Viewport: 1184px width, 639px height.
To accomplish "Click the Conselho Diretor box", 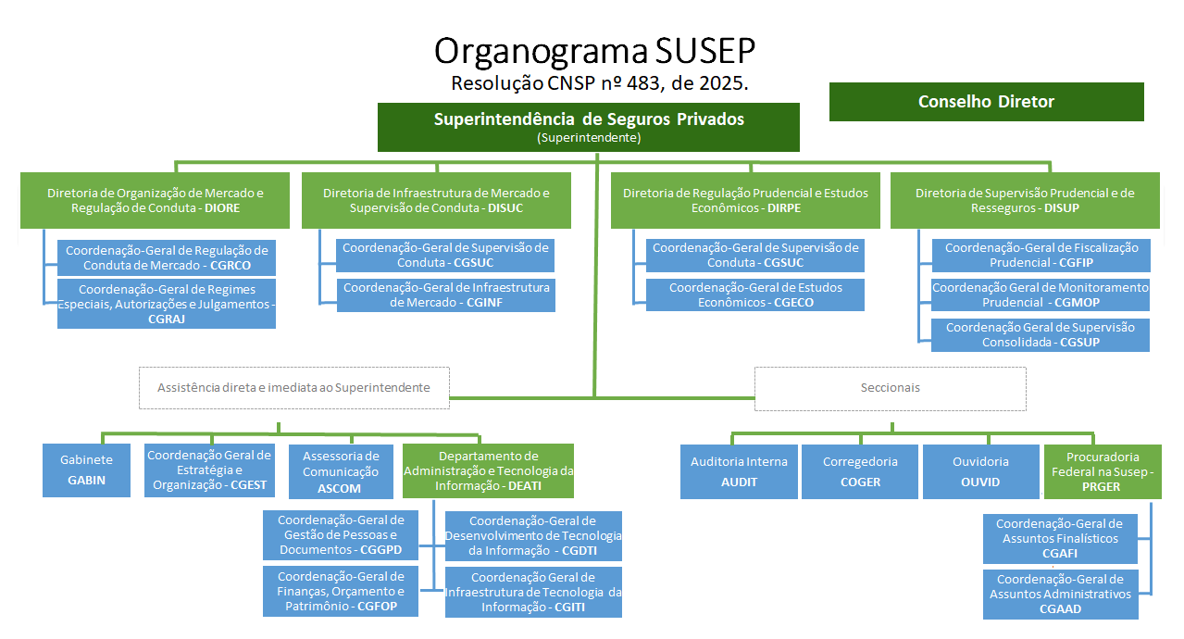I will pos(986,102).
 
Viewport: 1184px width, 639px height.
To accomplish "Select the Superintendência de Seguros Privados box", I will pos(589,127).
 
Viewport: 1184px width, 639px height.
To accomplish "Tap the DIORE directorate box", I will pos(155,200).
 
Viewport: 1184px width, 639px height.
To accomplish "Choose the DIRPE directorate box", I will pos(745,200).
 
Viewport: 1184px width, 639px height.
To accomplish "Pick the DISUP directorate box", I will pos(1025,200).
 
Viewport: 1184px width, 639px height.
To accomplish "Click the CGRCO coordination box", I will pos(167,257).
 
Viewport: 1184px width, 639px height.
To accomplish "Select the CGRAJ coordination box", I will pos(167,304).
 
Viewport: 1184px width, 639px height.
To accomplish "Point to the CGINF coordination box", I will pos(446,294).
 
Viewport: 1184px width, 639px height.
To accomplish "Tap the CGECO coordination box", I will pos(755,294).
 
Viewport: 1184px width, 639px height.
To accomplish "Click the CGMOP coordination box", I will pos(1041,294).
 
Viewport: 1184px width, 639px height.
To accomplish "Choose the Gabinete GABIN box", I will pos(87,470).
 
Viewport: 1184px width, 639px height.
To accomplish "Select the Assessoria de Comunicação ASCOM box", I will pos(340,471).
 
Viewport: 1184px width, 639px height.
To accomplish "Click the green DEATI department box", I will pos(488,470).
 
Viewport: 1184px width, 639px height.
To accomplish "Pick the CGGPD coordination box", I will pos(341,534).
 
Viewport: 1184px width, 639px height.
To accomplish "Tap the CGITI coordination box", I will pos(533,592).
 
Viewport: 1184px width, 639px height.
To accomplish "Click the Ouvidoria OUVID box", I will pos(980,471).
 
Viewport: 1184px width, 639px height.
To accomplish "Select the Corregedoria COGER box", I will pos(859,471).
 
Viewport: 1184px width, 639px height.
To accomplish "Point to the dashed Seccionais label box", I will pos(890,388).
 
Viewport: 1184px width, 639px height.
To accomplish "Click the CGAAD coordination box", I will pos(1060,594).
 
